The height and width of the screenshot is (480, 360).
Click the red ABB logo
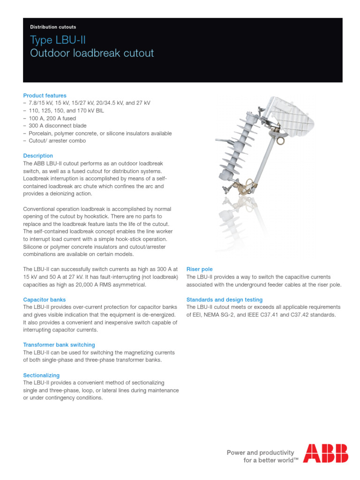325,453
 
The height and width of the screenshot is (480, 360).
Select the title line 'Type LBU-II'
58,40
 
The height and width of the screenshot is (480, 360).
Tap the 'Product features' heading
45,96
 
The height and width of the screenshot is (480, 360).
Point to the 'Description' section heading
38,156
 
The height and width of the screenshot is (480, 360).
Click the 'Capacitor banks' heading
45,300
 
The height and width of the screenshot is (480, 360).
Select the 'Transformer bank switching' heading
59,345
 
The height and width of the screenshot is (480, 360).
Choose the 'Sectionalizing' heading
41,375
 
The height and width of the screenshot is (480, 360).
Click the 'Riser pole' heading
200,269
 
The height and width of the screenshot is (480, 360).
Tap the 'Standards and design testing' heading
225,300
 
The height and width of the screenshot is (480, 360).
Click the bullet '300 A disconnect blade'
59,126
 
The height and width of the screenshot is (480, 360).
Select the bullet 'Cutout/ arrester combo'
58,141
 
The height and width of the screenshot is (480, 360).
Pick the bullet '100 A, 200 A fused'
54,118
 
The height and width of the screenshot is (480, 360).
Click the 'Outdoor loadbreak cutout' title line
92,53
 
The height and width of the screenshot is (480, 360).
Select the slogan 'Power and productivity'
260,453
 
